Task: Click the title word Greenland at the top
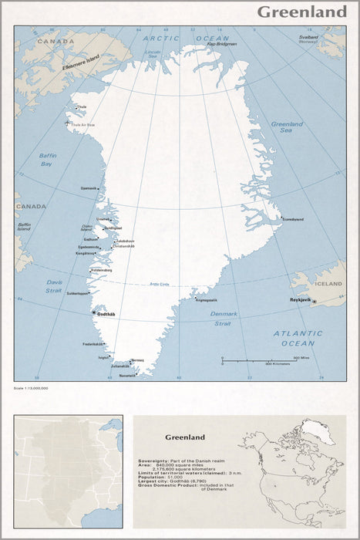click(301, 12)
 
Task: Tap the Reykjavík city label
click(300, 295)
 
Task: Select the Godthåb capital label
click(106, 313)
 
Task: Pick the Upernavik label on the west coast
click(89, 188)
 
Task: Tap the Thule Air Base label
click(83, 124)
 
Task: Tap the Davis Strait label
click(53, 285)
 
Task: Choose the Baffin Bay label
click(47, 160)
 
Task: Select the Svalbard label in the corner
click(308, 39)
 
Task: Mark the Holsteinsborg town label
click(102, 270)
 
